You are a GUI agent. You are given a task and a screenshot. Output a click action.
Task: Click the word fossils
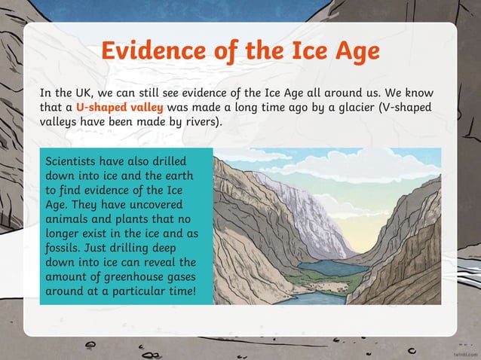66,247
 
